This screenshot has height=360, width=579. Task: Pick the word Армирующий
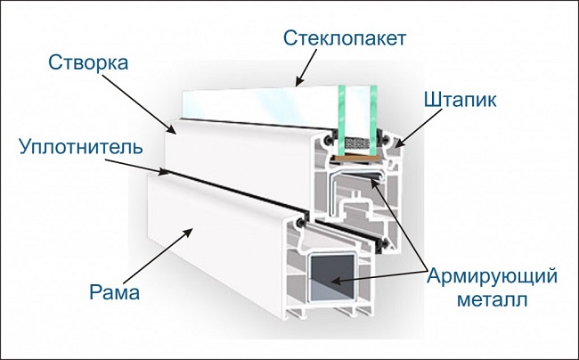point(493,276)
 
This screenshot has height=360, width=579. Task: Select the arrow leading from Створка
point(142,103)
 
